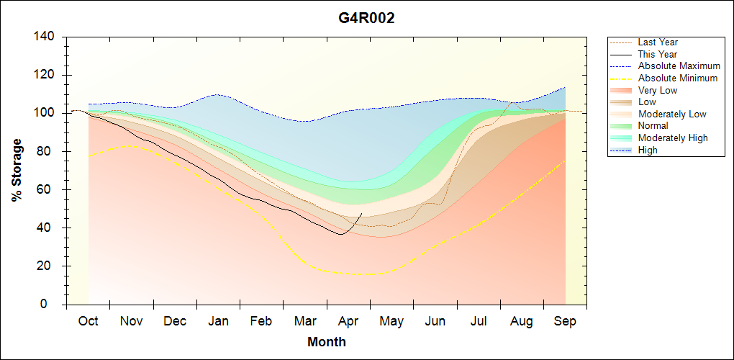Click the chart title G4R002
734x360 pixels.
coord(366,18)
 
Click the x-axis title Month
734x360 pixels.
coord(327,342)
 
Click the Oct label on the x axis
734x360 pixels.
coord(88,321)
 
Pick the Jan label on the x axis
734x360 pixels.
coord(218,321)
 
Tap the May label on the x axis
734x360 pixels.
coord(391,321)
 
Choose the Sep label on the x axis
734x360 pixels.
coord(565,321)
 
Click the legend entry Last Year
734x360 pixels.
coord(658,42)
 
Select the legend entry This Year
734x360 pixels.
coord(658,54)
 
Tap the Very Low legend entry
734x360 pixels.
coord(658,90)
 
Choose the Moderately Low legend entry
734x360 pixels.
coord(672,114)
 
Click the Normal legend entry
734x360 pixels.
coord(653,125)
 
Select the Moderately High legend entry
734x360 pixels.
coord(673,138)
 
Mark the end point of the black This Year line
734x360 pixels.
coord(361,214)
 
